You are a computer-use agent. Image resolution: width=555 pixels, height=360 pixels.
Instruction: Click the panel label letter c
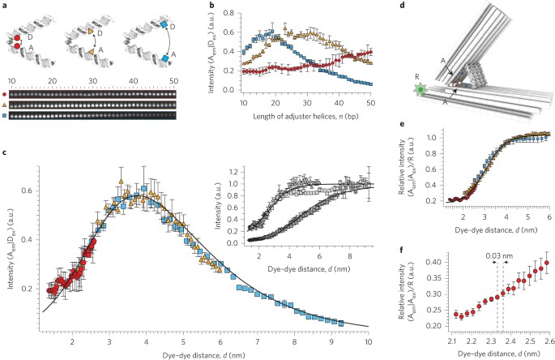(4, 153)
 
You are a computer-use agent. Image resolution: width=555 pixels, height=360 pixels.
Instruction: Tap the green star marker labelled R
(421, 90)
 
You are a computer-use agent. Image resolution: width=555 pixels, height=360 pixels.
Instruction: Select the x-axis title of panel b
(305, 116)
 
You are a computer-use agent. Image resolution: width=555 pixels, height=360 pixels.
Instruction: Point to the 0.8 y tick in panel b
(229, 13)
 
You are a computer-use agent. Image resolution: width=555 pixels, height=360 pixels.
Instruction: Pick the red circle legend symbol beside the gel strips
(4, 95)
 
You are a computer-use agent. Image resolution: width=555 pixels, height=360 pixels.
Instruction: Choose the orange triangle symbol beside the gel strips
(4, 105)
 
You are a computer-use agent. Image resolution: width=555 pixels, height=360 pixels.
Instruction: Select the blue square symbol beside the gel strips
(4, 115)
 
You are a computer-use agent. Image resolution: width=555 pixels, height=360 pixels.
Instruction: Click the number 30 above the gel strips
(92, 81)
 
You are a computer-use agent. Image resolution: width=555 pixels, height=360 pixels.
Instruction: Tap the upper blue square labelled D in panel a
(164, 25)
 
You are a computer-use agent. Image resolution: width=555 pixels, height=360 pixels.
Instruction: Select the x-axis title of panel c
(203, 354)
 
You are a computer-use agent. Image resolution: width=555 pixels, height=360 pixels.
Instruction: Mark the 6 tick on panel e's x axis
(549, 217)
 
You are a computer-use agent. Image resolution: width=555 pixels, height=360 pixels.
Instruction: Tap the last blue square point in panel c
(341, 324)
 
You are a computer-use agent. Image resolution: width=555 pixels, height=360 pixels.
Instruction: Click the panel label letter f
(401, 249)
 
